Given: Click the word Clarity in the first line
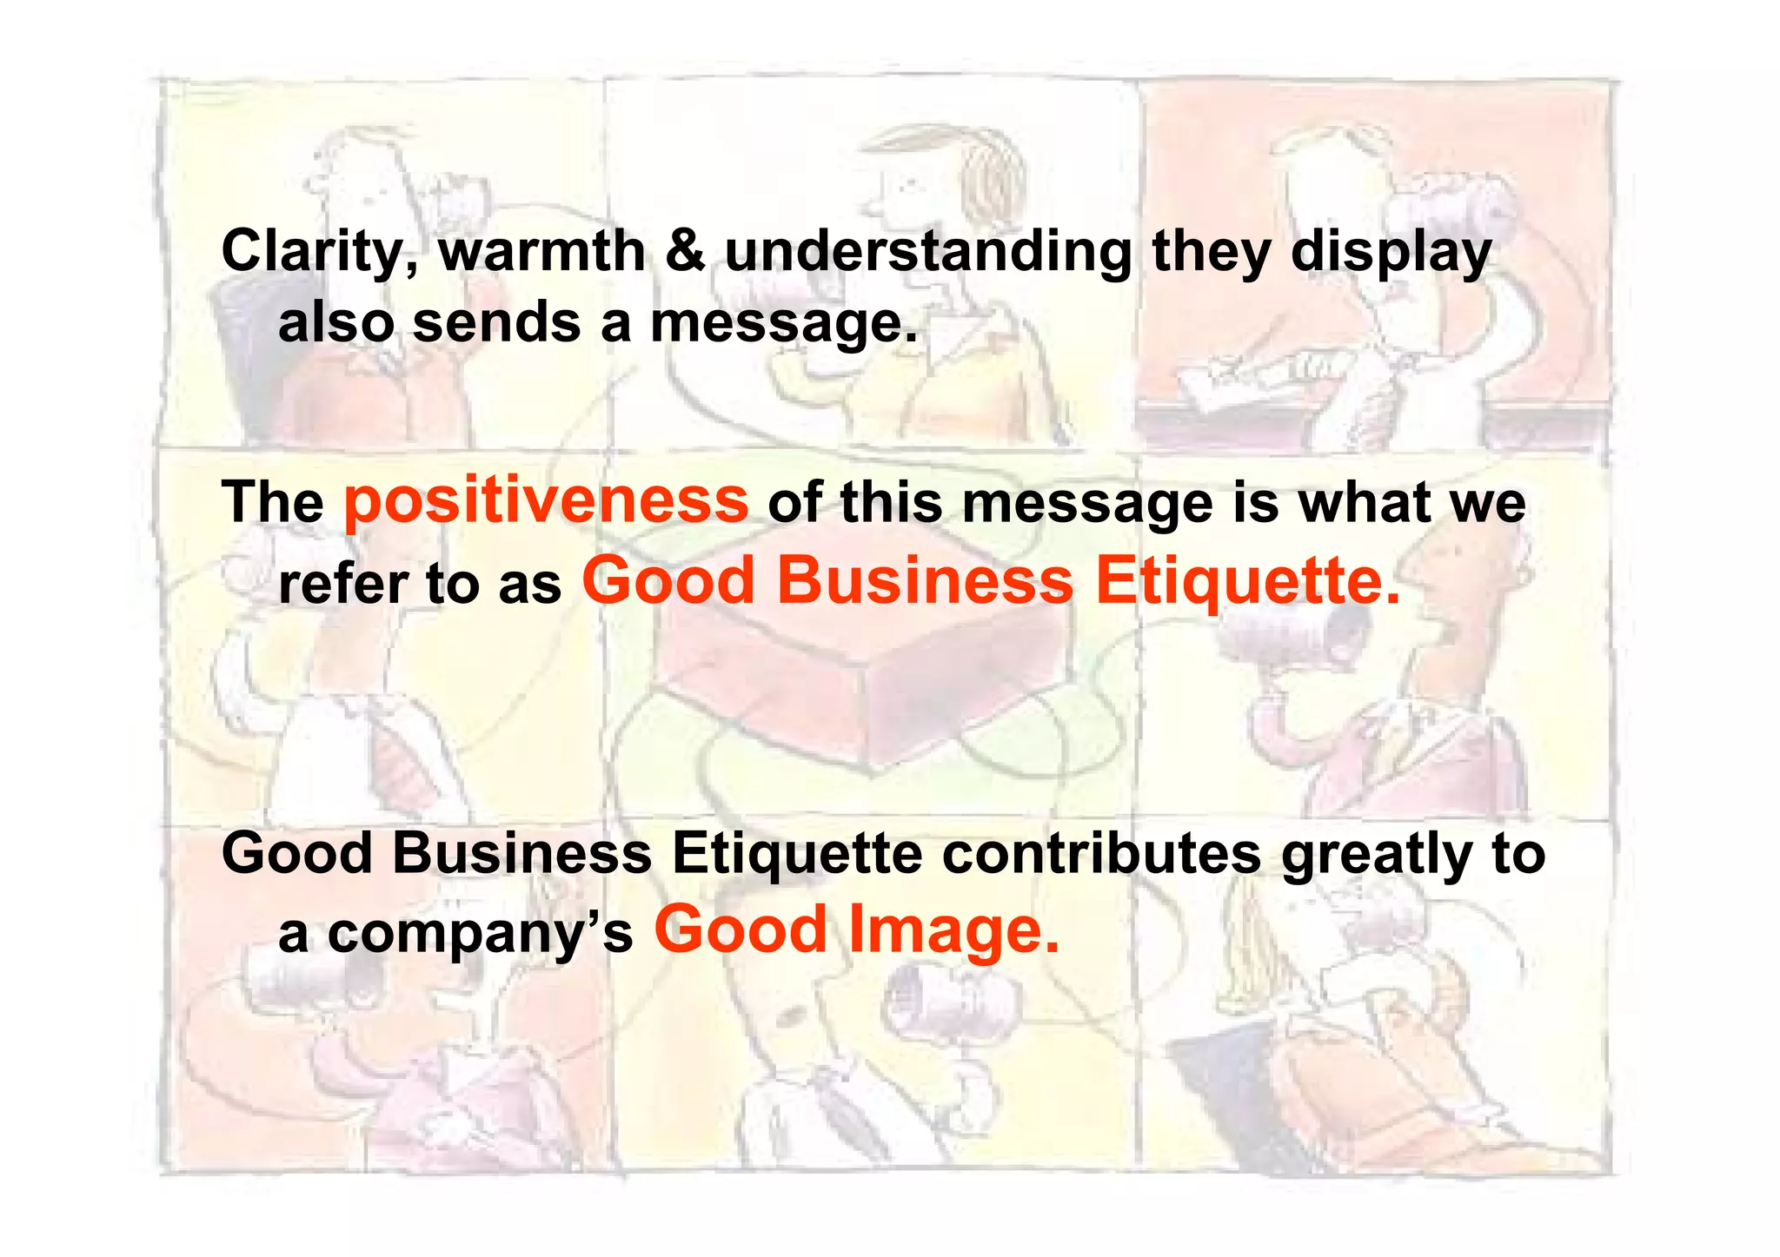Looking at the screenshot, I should pyautogui.click(x=318, y=252).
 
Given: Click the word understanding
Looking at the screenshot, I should pyautogui.click(x=927, y=252).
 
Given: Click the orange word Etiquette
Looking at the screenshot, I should pyautogui.click(x=1247, y=581).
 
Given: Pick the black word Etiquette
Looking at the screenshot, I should pyautogui.click(x=797, y=853).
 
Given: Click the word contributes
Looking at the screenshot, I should pyautogui.click(x=1101, y=853).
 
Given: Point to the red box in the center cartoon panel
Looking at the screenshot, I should pyautogui.click(x=860, y=686).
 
